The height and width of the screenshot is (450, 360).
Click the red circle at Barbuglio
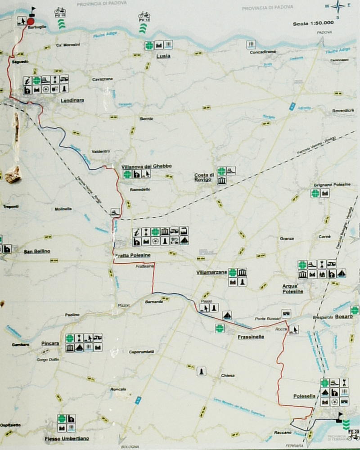point(31,21)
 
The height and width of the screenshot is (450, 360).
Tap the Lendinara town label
point(72,101)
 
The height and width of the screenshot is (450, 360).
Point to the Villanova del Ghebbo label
point(146,166)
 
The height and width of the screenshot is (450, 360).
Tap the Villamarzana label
point(211,273)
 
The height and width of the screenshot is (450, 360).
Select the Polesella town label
point(304,396)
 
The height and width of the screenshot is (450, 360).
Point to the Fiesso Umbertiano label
point(67,438)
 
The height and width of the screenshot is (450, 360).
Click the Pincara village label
point(50,343)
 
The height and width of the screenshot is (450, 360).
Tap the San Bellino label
point(37,251)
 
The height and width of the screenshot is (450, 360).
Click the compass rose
point(338,7)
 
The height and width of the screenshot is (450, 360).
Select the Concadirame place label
point(263,52)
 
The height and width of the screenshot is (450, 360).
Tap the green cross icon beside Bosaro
point(355,310)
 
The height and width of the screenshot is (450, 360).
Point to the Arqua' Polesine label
point(292,288)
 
